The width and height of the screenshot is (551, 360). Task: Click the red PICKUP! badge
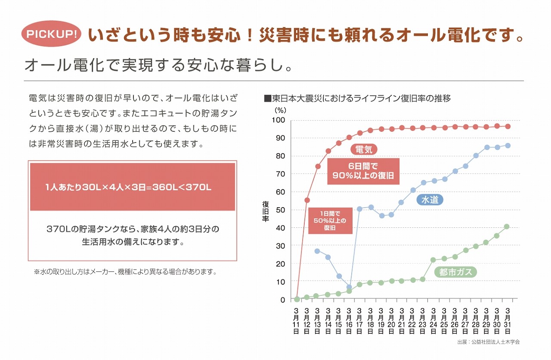pos(52,34)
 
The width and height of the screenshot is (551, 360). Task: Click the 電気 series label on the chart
pos(364,149)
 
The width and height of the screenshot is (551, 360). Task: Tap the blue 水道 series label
pos(430,200)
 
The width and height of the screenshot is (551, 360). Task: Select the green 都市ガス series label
pos(455,272)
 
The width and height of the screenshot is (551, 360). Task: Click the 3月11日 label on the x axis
pos(296,321)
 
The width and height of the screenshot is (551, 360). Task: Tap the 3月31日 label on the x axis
pos(508,321)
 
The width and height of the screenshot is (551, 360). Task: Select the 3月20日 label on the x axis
pos(391,321)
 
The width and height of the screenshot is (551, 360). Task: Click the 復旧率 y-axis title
pos(266,210)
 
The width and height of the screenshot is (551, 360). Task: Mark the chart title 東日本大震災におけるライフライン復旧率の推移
pos(357,99)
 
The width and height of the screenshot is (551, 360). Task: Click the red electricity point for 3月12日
pos(307,200)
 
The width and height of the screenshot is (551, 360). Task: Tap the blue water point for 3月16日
pos(349,287)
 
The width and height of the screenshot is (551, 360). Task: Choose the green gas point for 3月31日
pos(507,227)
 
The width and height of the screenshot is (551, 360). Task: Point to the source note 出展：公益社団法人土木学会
pos(488,342)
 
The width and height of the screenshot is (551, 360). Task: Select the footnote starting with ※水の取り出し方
pos(124,272)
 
